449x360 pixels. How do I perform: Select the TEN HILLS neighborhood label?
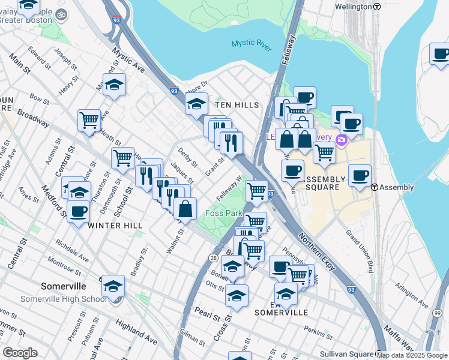click(x=237, y=105)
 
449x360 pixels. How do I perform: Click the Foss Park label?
click(x=223, y=213)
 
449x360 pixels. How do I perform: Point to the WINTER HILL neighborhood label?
click(x=115, y=225)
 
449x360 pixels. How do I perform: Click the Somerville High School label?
click(x=64, y=299)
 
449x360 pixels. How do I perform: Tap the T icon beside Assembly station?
click(x=374, y=187)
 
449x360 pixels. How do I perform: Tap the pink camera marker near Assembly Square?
click(x=342, y=140)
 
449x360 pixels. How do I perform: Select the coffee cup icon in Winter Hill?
click(x=78, y=212)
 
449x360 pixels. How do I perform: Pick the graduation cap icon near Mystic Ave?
click(x=114, y=85)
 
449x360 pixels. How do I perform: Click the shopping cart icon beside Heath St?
click(x=89, y=120)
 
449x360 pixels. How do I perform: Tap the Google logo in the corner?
click(x=20, y=353)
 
